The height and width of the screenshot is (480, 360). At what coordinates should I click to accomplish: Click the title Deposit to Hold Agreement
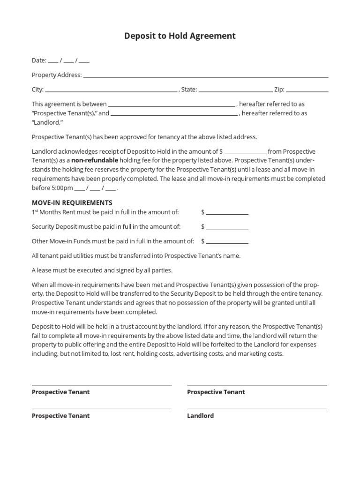pos(180,36)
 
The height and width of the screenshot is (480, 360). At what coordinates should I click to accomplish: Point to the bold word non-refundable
pos(95,160)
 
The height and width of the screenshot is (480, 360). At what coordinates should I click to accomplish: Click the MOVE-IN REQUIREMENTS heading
pos(72,203)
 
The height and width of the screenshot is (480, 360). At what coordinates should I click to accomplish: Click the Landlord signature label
pos(200,416)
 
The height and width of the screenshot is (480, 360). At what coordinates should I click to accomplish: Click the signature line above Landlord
pos(257,409)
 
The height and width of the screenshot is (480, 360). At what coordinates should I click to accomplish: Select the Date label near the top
pos(39,60)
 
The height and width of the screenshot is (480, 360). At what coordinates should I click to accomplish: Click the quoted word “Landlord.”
pos(47,122)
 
